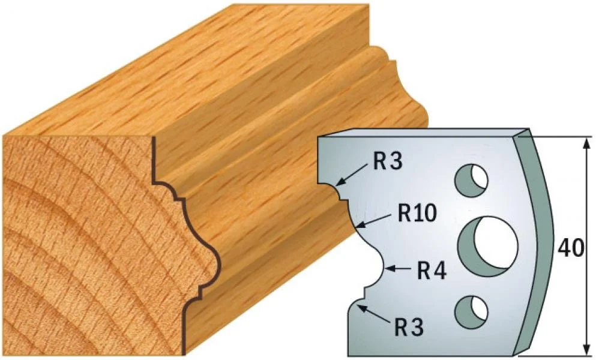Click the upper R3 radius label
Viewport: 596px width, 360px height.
[x=387, y=163]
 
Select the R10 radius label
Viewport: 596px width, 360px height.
[x=417, y=213]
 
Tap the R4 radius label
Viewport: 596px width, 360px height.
[x=432, y=271]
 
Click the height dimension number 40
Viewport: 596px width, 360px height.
[x=571, y=248]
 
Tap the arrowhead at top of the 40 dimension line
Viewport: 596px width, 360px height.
[x=587, y=145]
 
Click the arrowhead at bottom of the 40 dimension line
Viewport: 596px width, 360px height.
[x=587, y=349]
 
